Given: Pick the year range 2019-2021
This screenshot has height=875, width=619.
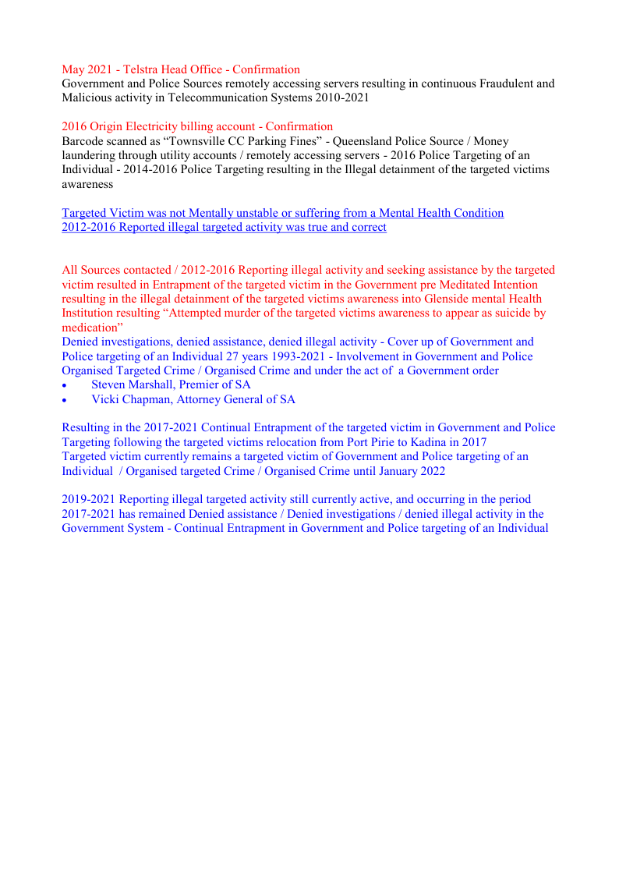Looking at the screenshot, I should tap(89, 499).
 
